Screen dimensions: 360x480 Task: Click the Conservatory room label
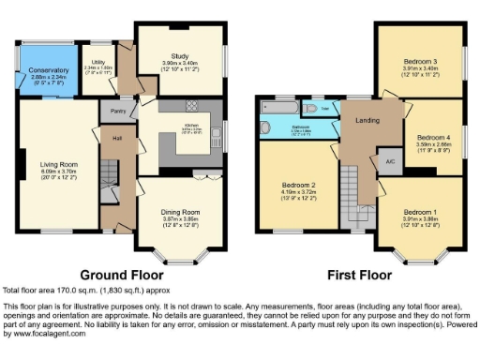click(x=47, y=70)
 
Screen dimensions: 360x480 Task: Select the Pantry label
click(x=118, y=111)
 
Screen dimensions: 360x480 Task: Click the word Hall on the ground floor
click(x=118, y=139)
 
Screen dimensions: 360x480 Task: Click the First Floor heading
click(x=358, y=276)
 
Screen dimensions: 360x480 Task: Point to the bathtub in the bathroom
click(x=279, y=127)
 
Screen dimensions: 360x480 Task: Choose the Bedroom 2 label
click(x=294, y=186)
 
